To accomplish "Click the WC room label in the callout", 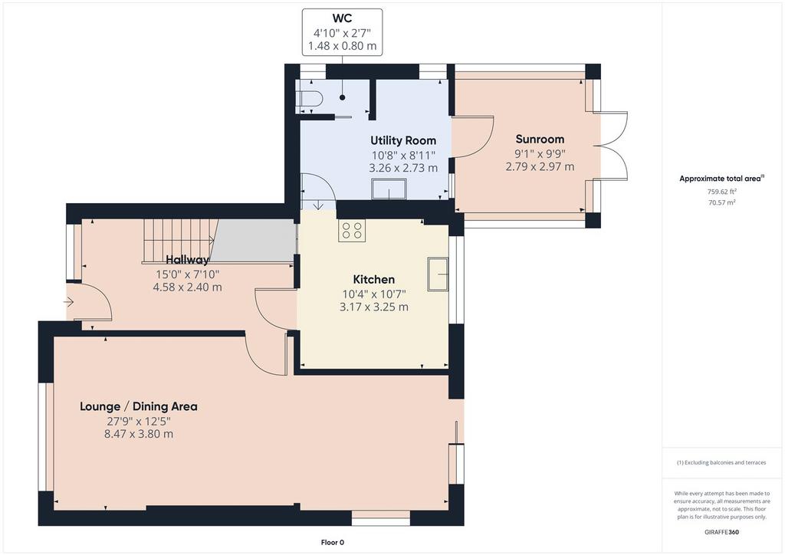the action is tap(343, 18).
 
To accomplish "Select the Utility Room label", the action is tap(403, 140).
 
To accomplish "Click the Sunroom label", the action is tap(540, 139).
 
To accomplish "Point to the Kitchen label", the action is tap(373, 279).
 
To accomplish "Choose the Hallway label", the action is tap(187, 260).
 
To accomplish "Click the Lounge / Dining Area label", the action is tap(139, 406).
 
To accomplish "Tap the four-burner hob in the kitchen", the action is tap(351, 231).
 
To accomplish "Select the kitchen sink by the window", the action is tap(438, 274).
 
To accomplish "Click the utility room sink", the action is tap(389, 189).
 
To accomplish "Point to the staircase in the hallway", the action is tap(179, 241).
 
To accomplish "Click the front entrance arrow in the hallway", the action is tap(68, 302).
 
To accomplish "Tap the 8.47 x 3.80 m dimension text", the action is tap(139, 434).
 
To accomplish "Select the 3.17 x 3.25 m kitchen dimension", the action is tap(373, 307).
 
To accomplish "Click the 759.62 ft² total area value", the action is tap(721, 191).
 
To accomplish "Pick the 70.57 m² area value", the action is tap(721, 202).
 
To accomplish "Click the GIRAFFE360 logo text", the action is tap(721, 532).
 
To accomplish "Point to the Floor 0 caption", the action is tap(333, 543).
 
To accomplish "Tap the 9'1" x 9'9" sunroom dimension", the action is tap(540, 153).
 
